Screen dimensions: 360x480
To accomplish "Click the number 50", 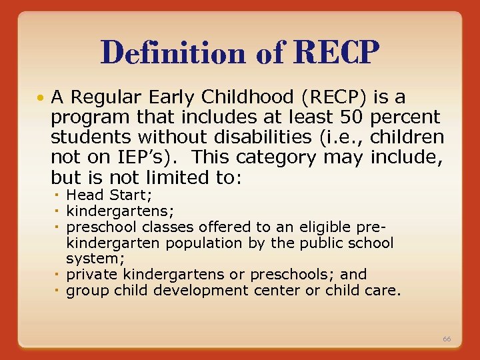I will [x=351, y=118].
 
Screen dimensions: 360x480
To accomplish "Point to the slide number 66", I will [x=447, y=339].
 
